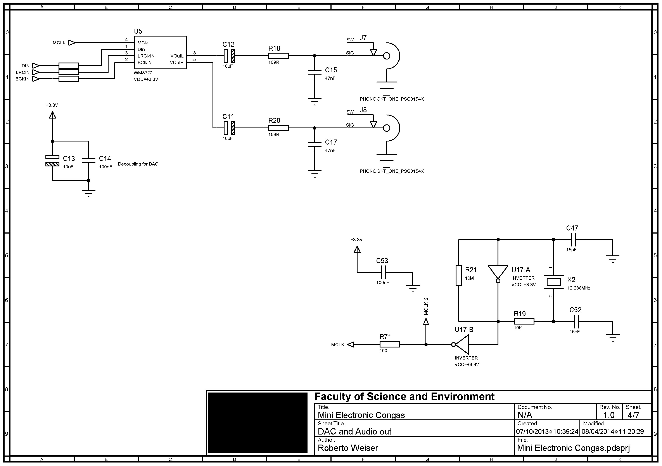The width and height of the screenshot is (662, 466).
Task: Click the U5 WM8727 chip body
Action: coord(160,52)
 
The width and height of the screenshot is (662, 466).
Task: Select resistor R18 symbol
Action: coord(278,56)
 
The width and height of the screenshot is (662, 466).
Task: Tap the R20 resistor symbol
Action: coord(278,128)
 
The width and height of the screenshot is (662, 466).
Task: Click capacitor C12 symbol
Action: coord(229,56)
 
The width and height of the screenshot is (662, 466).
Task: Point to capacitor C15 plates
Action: coord(314,72)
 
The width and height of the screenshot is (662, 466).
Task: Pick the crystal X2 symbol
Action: coord(554,282)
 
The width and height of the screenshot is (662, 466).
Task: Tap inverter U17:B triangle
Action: coord(462,344)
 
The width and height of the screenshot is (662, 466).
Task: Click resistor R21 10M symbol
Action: coord(458,276)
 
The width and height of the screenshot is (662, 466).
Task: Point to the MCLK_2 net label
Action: coord(426,306)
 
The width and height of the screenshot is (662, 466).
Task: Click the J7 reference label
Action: coord(363,38)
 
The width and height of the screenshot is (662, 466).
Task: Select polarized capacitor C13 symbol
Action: coord(52,161)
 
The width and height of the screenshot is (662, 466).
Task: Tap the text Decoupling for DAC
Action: coord(138,164)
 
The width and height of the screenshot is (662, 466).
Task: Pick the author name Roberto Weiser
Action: coord(347,448)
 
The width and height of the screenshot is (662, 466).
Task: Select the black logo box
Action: coord(258,422)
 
